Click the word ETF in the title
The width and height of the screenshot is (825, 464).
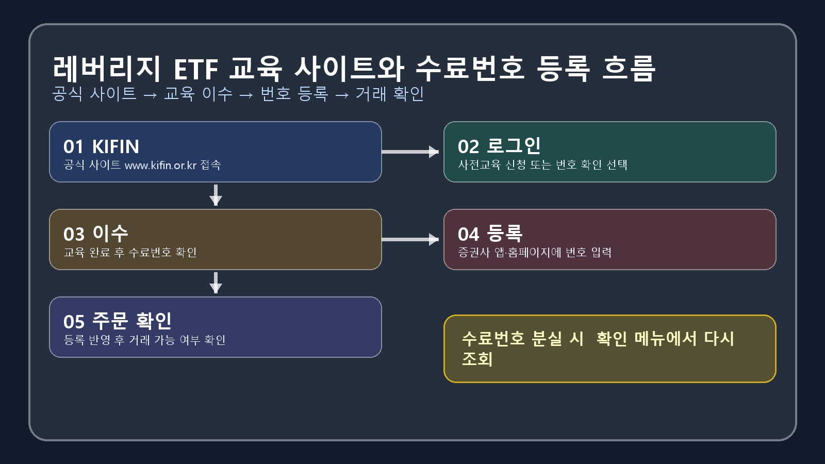196,69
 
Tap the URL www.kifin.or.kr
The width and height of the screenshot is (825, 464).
160,165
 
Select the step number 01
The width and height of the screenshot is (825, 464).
73,146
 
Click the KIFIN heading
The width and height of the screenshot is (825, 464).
115,146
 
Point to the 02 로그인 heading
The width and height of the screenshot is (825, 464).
499,146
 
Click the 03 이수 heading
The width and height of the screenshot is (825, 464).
96,234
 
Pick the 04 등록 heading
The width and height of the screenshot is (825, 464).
490,234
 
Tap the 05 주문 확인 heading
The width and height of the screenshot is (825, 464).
118,321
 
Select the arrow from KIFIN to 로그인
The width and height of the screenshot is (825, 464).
410,152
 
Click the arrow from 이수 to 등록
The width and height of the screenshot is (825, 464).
410,239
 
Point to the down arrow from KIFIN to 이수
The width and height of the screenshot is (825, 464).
216,195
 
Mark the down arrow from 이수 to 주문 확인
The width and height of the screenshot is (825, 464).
216,283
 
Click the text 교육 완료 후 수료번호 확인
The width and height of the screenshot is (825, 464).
130,252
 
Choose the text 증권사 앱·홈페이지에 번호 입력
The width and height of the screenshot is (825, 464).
535,252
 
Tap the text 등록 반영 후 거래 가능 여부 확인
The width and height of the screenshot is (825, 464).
144,340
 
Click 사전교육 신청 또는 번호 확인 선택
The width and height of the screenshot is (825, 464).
542,164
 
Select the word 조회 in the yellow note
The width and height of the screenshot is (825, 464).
477,359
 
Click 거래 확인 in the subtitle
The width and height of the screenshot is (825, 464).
390,94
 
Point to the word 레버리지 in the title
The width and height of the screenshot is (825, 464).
107,69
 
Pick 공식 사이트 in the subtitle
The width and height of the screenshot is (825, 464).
94,94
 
